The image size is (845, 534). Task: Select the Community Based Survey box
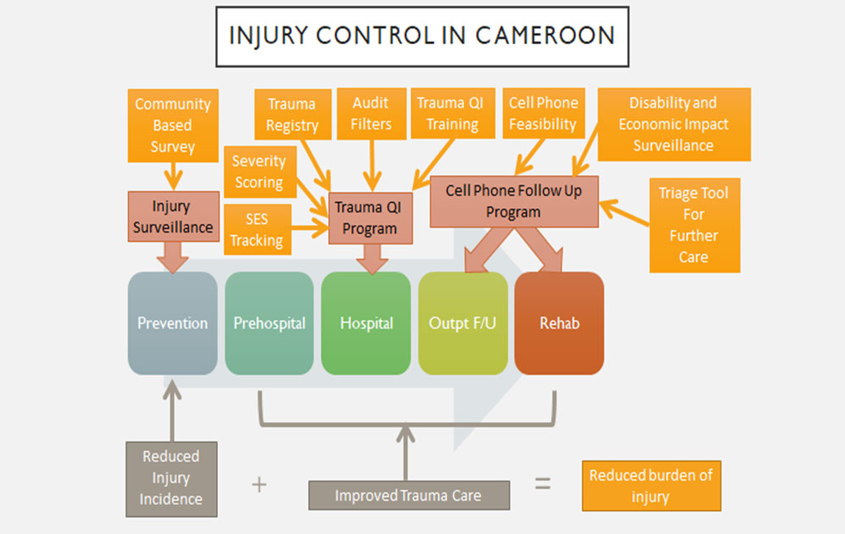coord(172,125)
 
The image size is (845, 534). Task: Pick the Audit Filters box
coord(372,114)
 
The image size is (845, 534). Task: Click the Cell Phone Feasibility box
coord(543,114)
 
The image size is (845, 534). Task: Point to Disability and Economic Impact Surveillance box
coord(674,124)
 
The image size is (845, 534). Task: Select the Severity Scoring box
coord(259,171)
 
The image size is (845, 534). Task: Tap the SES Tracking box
coord(256,229)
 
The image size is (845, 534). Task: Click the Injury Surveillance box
coord(171,216)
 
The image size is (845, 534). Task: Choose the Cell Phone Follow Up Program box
coord(513,201)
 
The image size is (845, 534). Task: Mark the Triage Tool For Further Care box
coord(693,225)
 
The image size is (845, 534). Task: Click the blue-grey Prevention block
coord(172,323)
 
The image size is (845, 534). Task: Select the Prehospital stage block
coord(269,323)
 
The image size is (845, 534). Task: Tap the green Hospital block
coord(366,323)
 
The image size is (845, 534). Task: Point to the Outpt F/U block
coord(463,323)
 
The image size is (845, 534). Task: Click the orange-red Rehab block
coord(559,323)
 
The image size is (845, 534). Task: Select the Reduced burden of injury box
coord(651,486)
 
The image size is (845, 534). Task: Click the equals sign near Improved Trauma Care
coord(542,484)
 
